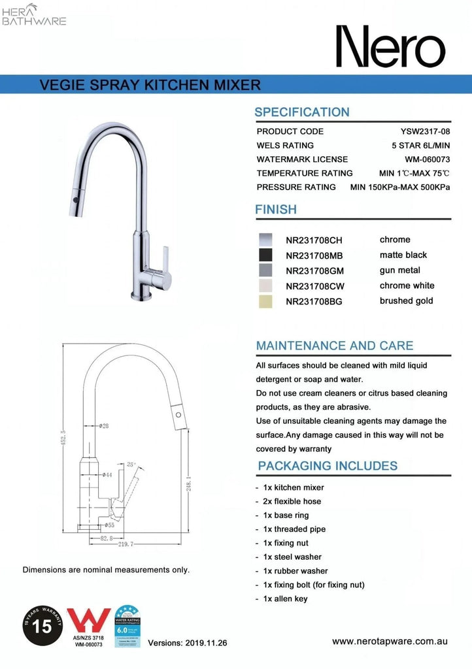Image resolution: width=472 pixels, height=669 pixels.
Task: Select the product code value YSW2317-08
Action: [425, 131]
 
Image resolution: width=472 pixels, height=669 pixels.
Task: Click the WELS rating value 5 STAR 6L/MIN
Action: [418, 145]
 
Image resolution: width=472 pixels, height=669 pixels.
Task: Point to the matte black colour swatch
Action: [265, 255]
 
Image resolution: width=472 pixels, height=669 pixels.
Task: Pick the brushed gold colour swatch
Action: [265, 301]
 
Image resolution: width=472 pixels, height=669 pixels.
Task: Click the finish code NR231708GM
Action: [314, 270]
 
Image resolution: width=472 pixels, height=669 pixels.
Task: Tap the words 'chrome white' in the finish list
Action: [407, 286]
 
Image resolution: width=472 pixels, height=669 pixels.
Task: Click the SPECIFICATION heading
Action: [302, 112]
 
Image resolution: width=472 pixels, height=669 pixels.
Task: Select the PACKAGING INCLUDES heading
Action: [328, 466]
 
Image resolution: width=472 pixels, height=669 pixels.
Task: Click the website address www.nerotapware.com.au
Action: [390, 642]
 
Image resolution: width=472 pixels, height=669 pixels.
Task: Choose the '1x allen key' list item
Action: [285, 598]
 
